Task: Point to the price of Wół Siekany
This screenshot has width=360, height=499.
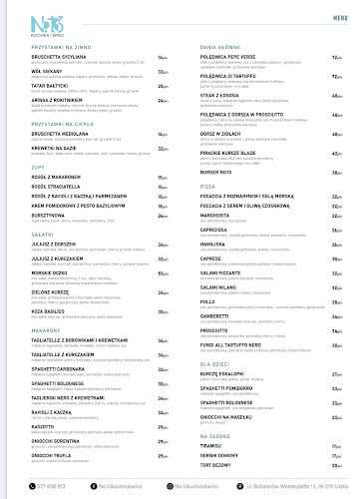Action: (163, 71)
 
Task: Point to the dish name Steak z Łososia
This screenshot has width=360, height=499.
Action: (216, 96)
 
